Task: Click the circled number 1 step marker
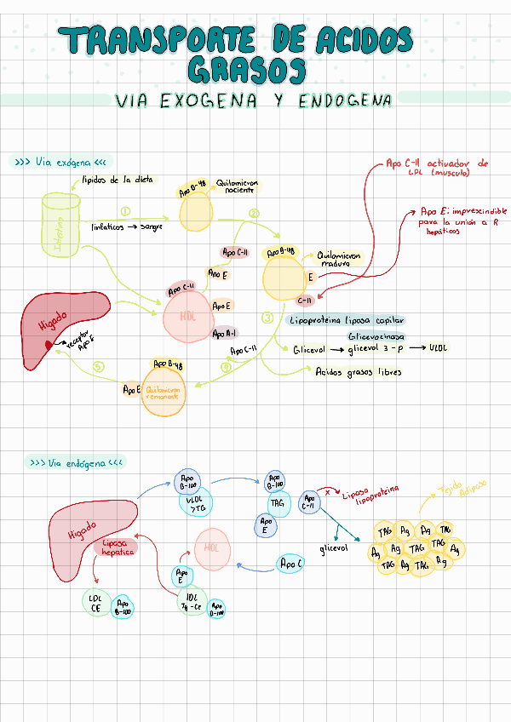[x=125, y=211]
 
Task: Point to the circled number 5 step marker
[x=99, y=367]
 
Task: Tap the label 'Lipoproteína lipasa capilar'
[x=347, y=321]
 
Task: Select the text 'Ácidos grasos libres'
[x=359, y=372]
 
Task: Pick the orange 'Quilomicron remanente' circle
[x=164, y=395]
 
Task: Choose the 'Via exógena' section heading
[x=60, y=162]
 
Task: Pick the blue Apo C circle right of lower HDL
[x=290, y=563]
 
